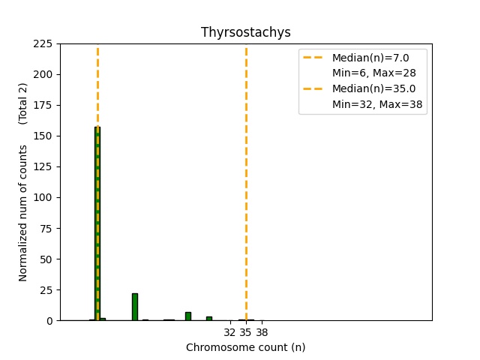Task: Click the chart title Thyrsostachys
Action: [x=245, y=32]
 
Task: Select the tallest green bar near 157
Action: [x=97, y=225]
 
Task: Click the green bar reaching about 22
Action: [x=135, y=307]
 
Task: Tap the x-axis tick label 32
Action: [x=230, y=332]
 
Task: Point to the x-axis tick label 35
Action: [x=245, y=332]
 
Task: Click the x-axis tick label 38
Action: [x=262, y=332]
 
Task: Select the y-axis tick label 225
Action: [x=44, y=44]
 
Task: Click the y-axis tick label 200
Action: [x=44, y=75]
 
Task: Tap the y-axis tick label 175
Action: [x=44, y=106]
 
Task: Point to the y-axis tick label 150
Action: [x=44, y=136]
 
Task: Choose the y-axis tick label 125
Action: [x=44, y=167]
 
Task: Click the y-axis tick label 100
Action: [x=44, y=198]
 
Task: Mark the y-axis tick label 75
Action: [x=47, y=229]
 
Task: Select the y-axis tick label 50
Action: [x=47, y=259]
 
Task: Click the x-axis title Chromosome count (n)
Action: [x=245, y=347]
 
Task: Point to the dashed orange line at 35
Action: [x=246, y=187]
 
